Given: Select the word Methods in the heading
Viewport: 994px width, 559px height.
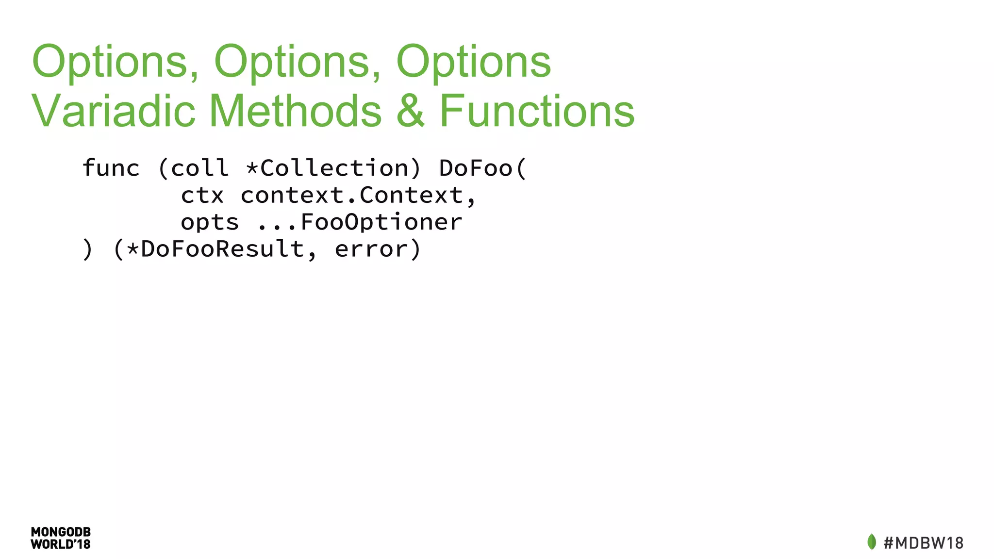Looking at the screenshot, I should [295, 111].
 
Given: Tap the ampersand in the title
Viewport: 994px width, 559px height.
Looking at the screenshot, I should [411, 111].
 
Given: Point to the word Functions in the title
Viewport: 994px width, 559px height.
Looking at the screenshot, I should [537, 111].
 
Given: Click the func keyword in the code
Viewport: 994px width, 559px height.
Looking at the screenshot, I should [111, 168].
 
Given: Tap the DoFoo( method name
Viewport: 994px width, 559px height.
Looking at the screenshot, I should [482, 168].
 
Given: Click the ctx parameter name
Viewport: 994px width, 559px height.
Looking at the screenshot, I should [202, 196].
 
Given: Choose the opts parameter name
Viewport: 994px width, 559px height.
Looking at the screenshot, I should [210, 222].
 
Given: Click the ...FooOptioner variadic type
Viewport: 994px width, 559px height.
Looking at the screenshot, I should [360, 222].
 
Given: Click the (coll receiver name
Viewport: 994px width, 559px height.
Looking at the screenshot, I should [193, 168].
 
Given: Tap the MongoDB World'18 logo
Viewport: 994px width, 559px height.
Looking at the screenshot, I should [61, 538].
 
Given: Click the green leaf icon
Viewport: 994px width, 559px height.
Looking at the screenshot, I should [872, 542].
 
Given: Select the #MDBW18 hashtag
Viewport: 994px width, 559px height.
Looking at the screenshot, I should [924, 543].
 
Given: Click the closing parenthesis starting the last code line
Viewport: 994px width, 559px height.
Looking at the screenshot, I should [87, 249].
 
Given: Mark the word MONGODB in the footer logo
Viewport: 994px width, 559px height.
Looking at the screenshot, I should [61, 532].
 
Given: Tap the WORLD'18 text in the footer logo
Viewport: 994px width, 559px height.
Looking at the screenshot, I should [61, 544].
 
